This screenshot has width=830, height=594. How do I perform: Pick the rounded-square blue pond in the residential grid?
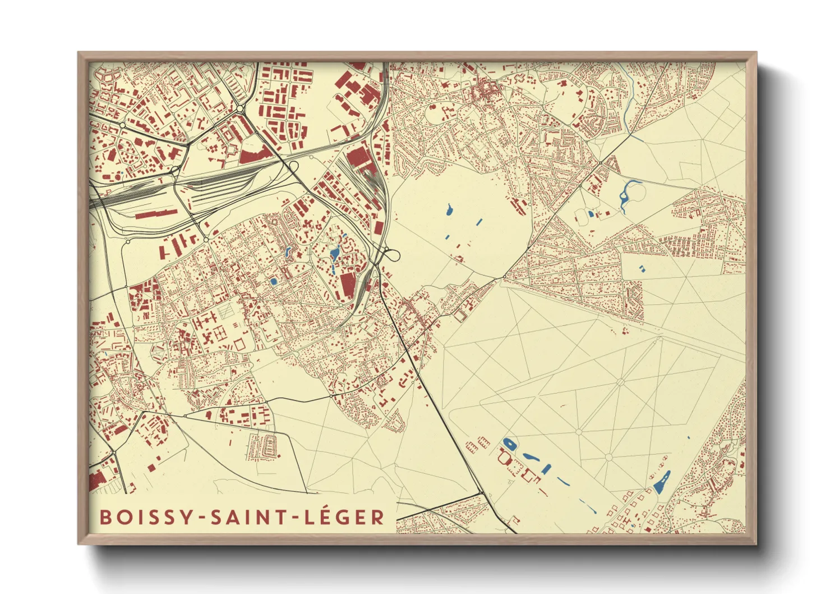coord(274,281)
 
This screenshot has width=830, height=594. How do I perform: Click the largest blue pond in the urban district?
coord(335,254)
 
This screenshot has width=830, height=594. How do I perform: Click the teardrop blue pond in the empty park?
coord(449,211)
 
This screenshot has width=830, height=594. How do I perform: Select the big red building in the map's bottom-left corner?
coord(98,480)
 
